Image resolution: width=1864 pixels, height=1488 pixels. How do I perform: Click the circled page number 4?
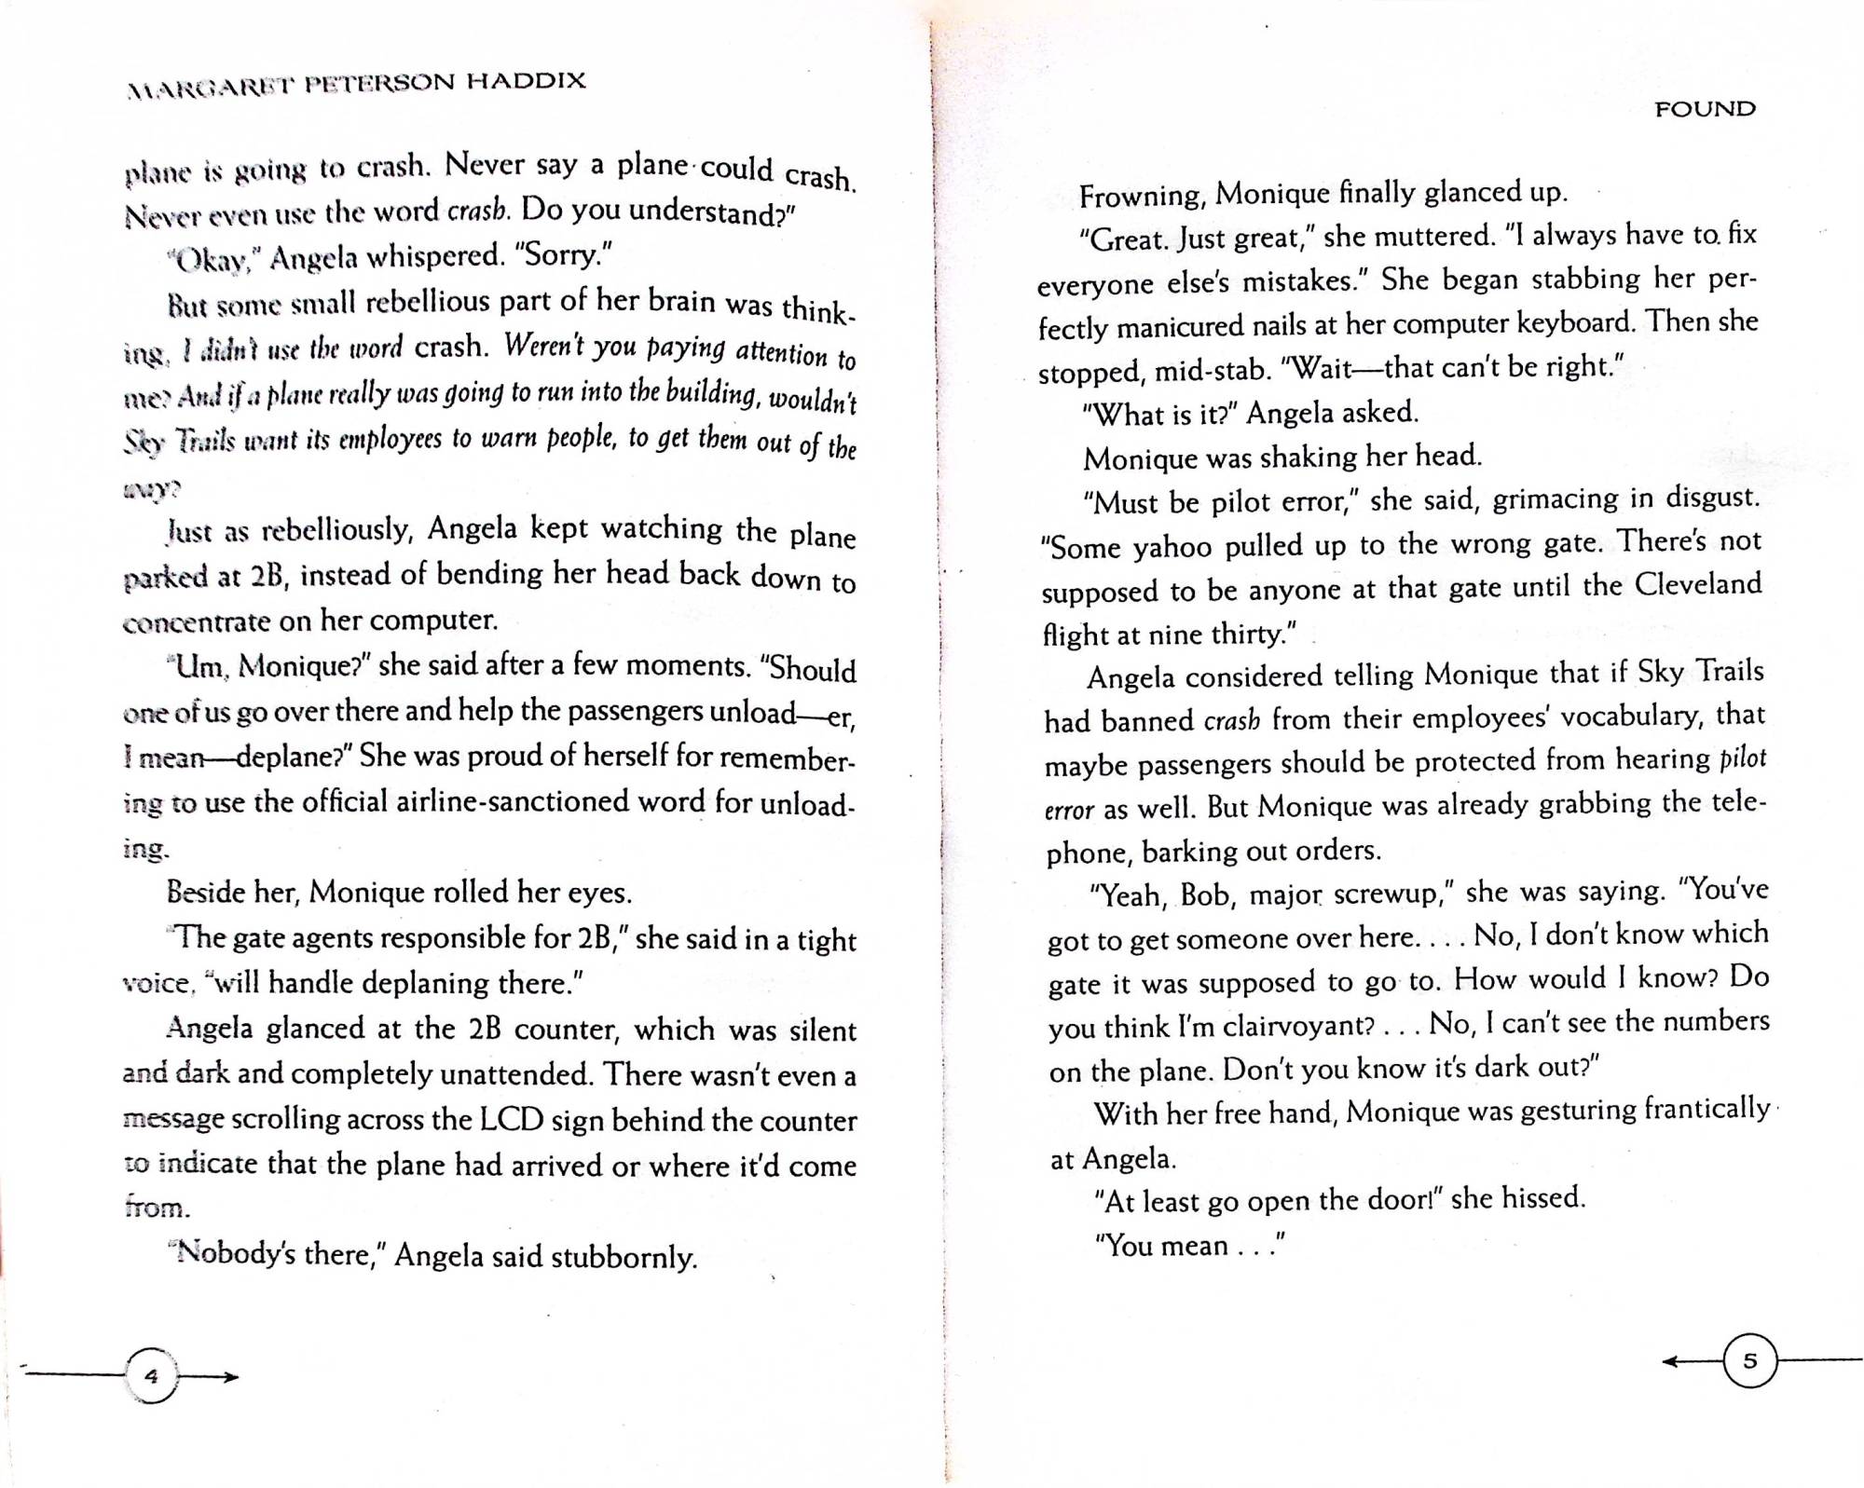click(x=151, y=1375)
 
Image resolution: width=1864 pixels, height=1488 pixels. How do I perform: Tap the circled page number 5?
click(x=1749, y=1361)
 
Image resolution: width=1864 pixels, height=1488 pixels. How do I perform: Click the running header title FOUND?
click(x=1705, y=109)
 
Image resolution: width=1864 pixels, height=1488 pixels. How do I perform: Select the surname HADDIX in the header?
click(x=526, y=81)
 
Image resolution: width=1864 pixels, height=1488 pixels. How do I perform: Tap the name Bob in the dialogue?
click(x=1205, y=894)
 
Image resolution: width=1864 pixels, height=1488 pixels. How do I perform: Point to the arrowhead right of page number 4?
click(x=230, y=1376)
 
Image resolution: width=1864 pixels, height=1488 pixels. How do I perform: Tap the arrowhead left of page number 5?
click(x=1672, y=1361)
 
